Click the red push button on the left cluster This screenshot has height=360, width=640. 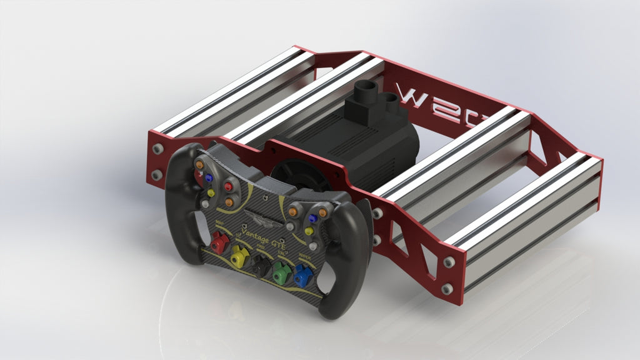(228, 186)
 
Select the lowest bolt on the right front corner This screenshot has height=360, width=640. (446, 289)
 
